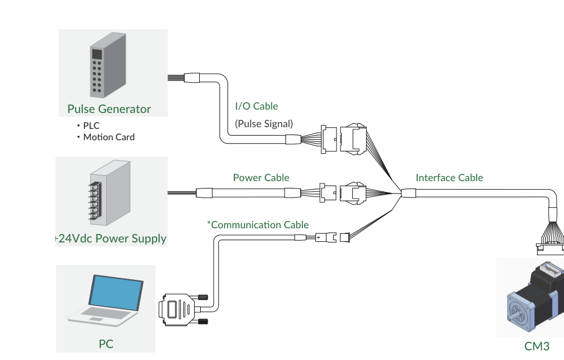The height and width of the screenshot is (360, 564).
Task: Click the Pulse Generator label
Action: coord(109,109)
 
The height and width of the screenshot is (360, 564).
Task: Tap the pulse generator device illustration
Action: coord(108,65)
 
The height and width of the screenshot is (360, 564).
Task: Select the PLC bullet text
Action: coord(91,125)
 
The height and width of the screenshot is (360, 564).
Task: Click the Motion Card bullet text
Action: coord(109,137)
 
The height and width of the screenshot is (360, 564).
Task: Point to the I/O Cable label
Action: coord(256,106)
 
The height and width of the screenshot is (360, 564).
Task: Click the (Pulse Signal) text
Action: coord(264,124)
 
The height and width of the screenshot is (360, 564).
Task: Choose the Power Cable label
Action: coord(261,178)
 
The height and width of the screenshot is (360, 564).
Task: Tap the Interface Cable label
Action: coord(449,178)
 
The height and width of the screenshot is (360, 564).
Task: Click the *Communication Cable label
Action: coord(258,225)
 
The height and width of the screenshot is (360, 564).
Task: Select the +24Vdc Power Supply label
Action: coord(111,238)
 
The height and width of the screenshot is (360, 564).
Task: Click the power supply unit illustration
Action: coord(110,193)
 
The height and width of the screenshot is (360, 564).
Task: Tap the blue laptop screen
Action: coord(116,292)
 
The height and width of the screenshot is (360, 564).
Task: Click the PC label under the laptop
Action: coord(106,344)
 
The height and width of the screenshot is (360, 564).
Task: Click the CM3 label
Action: coord(537,346)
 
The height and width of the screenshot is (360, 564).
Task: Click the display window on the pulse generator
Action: coord(97,54)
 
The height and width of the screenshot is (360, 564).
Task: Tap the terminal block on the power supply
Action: coord(95,201)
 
